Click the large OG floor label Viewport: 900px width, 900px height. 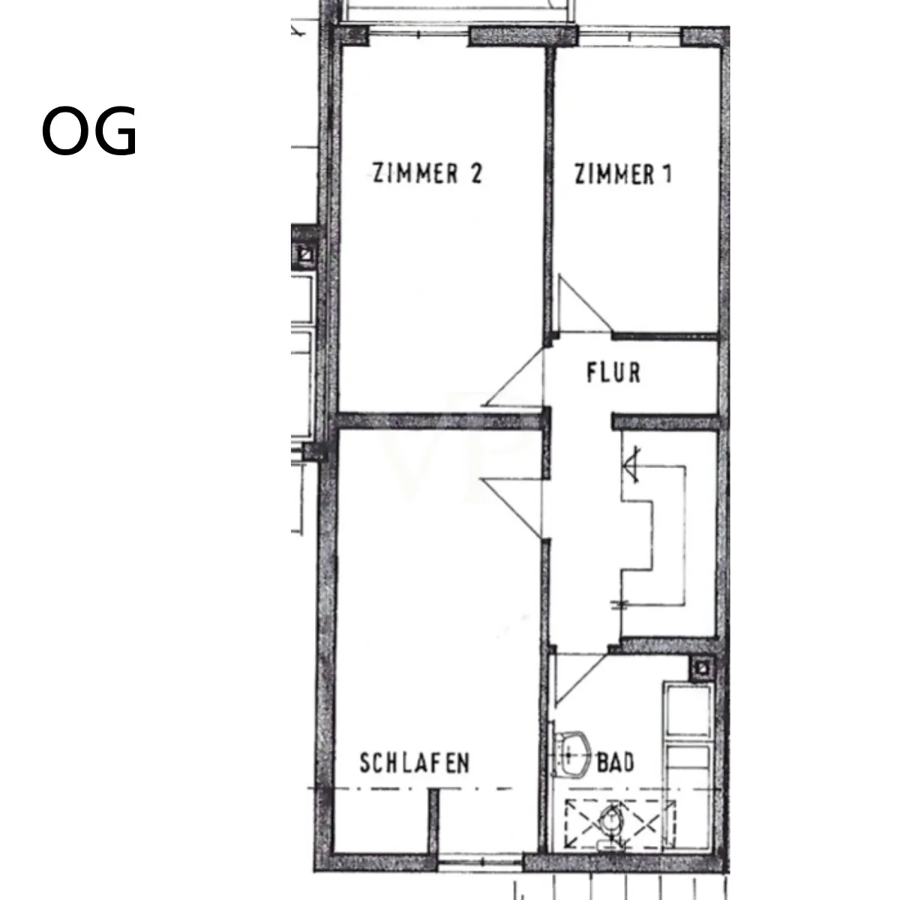click(89, 130)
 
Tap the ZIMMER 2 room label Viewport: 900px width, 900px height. click(427, 173)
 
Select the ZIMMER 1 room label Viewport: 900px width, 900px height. click(623, 174)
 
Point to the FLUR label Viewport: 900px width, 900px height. click(613, 373)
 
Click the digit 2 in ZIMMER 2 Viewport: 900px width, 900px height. click(476, 173)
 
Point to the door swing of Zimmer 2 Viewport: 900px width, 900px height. click(514, 376)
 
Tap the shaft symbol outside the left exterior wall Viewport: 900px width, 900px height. click(307, 255)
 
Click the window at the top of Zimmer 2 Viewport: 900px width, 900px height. click(419, 34)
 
